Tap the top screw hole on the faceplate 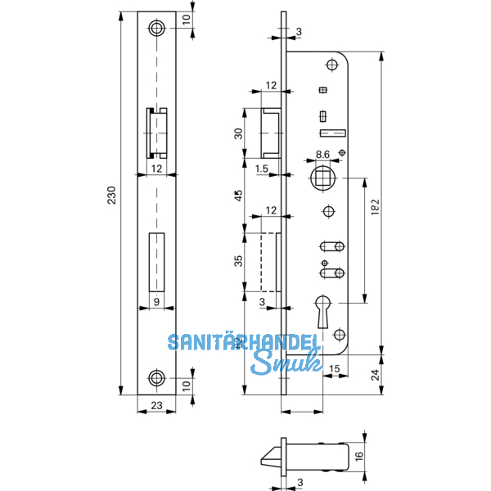pyautogui.click(x=156, y=28)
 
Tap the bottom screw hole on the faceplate pyautogui.click(x=156, y=377)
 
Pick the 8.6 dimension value pyautogui.click(x=322, y=154)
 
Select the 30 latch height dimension pyautogui.click(x=239, y=134)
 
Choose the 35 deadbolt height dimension pyautogui.click(x=239, y=263)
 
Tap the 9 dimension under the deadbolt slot pyautogui.click(x=156, y=301)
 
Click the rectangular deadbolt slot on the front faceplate pyautogui.click(x=156, y=261)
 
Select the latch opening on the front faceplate pyautogui.click(x=156, y=133)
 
